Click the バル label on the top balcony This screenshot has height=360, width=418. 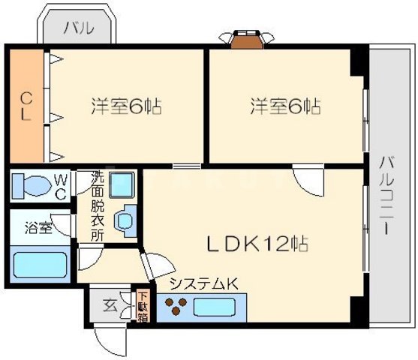click(x=78, y=29)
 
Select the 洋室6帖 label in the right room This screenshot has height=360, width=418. click(x=285, y=106)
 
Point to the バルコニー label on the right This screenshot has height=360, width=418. click(x=386, y=194)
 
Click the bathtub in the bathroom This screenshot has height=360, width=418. click(x=41, y=265)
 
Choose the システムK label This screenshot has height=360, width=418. click(x=204, y=283)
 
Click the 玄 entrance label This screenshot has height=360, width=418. click(x=110, y=306)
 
